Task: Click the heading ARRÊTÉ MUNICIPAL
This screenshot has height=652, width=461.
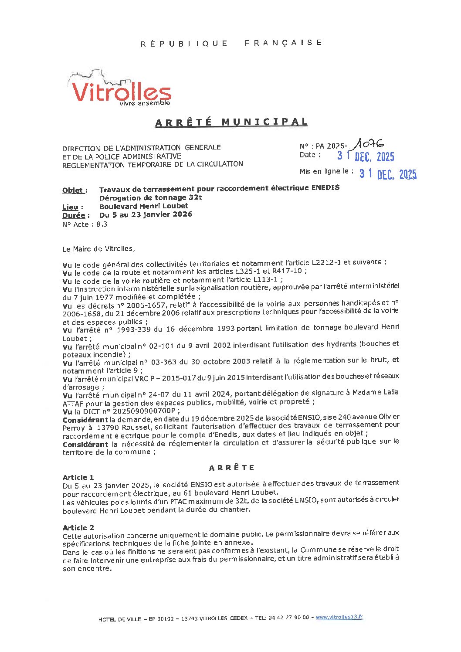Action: coord(231,122)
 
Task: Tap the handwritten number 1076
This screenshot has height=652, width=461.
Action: coord(369,143)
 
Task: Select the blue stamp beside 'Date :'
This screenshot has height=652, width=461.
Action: coord(366,156)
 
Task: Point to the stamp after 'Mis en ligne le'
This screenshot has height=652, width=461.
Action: coord(387,174)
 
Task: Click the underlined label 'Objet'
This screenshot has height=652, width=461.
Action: coord(73,190)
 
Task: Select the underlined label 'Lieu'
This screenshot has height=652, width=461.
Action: coord(71,207)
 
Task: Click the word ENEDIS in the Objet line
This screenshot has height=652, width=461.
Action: coord(325,188)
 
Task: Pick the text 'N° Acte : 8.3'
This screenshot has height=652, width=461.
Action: coord(85,224)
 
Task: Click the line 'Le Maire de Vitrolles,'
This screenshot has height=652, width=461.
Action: coord(98,249)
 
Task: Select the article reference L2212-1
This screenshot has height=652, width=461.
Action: coord(326,262)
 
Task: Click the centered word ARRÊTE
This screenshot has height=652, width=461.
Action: coord(231,468)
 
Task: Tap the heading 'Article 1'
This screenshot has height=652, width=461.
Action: coord(78,478)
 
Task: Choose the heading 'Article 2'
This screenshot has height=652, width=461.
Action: coord(78,528)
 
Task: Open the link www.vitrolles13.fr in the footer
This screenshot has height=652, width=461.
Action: coord(339,617)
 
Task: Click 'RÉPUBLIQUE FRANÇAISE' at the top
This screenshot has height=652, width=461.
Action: coord(231,43)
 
